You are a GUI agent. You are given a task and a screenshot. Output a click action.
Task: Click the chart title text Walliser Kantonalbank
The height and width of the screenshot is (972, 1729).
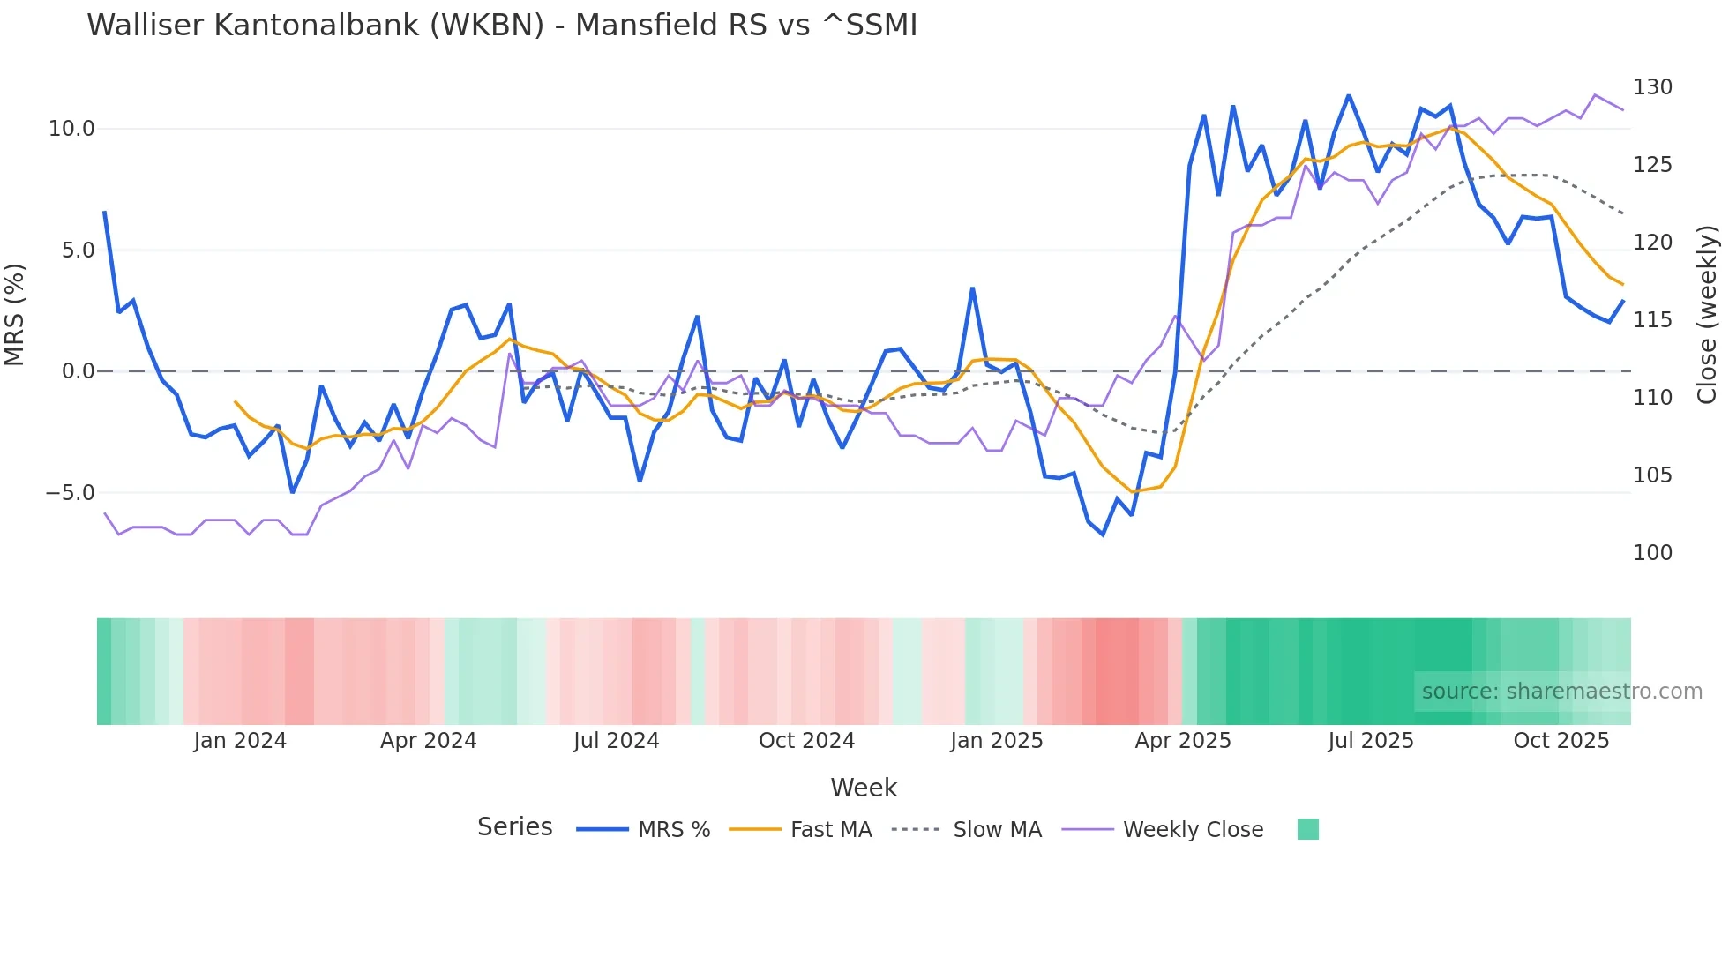tap(501, 26)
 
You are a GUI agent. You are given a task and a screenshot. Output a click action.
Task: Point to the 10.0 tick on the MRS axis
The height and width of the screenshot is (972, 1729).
tap(71, 129)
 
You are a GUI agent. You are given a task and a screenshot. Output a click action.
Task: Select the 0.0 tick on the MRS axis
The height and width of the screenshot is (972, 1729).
tap(78, 371)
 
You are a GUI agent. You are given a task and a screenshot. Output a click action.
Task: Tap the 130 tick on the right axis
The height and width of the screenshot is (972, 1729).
tap(1652, 87)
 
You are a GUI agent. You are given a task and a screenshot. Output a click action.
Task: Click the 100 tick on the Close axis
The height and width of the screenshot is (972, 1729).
tap(1652, 553)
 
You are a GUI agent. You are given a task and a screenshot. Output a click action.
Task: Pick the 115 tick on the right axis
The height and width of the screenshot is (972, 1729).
tap(1652, 320)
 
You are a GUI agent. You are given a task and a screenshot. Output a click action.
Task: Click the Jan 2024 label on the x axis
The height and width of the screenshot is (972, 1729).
tap(240, 741)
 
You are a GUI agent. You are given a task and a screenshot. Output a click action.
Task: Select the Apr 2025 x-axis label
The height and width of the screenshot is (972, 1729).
tap(1182, 741)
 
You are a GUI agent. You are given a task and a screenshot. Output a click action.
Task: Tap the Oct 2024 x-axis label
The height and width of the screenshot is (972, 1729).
tap(806, 741)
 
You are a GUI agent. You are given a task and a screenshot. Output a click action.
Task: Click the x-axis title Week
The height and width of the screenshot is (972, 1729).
tap(864, 788)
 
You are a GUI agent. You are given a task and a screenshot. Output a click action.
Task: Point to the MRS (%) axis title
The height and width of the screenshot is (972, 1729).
tap(15, 314)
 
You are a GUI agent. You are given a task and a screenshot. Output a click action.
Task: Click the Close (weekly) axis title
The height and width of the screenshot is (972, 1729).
tap(1707, 314)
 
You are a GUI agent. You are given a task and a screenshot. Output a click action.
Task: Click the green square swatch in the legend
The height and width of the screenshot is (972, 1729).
tap(1308, 829)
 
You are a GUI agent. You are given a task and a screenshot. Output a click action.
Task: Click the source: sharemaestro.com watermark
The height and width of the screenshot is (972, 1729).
tap(1561, 692)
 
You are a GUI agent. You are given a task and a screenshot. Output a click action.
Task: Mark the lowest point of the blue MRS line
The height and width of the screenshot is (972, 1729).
tap(1103, 535)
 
